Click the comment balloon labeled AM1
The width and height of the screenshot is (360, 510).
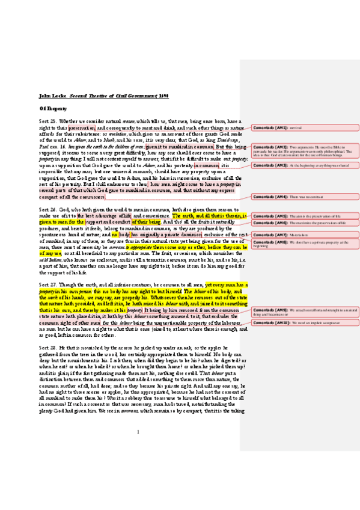pyautogui.click(x=305, y=127)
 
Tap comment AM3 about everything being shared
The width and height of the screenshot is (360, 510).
pyautogui.click(x=305, y=164)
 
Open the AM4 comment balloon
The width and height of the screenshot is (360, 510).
pyautogui.click(x=305, y=197)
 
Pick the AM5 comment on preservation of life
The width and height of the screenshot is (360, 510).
pyautogui.click(x=305, y=215)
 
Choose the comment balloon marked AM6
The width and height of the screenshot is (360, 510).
pyautogui.click(x=305, y=223)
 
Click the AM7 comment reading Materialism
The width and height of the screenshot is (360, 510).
pyautogui.click(x=305, y=235)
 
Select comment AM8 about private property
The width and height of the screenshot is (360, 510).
pyautogui.click(x=305, y=244)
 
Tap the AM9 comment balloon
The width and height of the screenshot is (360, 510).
pyautogui.click(x=305, y=312)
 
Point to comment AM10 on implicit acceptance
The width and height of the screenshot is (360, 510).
pyautogui.click(x=305, y=323)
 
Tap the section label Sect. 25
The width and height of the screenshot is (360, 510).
pyautogui.click(x=47, y=121)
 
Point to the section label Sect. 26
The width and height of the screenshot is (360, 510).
pyautogui.click(x=47, y=209)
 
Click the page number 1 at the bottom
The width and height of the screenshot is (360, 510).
pyautogui.click(x=138, y=465)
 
